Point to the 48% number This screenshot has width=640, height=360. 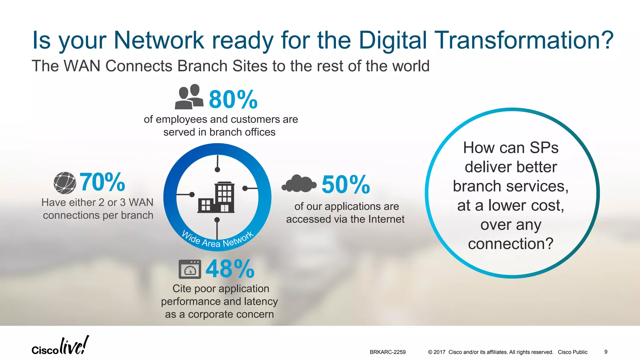(230, 269)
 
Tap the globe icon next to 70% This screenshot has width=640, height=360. (65, 183)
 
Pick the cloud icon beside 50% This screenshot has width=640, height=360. (299, 184)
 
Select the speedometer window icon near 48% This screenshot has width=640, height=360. (190, 269)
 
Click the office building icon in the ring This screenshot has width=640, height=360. (216, 197)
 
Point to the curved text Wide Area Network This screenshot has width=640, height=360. (217, 241)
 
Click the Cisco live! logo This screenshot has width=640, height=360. (60, 346)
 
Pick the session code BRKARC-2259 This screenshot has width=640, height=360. (387, 352)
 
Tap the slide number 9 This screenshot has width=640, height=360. (606, 352)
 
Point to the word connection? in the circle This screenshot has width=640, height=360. (511, 244)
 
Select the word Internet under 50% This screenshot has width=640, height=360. (386, 219)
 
